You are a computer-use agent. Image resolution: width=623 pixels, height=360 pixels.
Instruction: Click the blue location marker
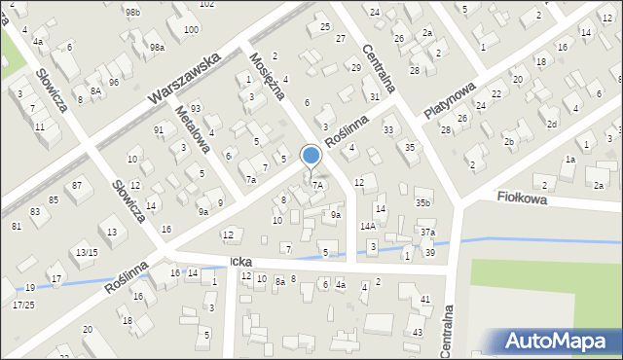coord(311,156)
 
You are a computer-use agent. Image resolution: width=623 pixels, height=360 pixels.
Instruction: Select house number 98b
coord(132,11)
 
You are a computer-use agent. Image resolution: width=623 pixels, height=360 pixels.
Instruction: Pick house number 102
coord(206,4)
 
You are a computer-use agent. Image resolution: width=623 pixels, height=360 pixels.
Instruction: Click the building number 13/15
coord(86,253)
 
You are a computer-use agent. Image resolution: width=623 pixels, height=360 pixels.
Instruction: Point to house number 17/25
coord(23,306)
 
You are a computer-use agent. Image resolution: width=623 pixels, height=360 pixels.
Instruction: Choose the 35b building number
coord(422,203)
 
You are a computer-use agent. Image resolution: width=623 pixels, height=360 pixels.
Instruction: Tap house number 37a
coord(427,233)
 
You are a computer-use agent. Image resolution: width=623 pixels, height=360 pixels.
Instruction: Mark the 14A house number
coord(367,226)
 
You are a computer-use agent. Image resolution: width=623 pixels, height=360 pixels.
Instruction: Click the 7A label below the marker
coord(317,185)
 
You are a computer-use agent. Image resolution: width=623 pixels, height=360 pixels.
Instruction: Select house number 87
coord(75,185)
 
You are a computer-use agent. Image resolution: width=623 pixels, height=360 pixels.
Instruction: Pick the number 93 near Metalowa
coord(196,108)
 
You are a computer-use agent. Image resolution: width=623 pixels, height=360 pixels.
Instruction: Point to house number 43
coord(418,333)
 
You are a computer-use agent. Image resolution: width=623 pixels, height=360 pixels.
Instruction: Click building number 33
coord(388,129)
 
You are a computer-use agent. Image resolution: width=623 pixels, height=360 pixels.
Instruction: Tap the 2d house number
coord(551,124)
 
